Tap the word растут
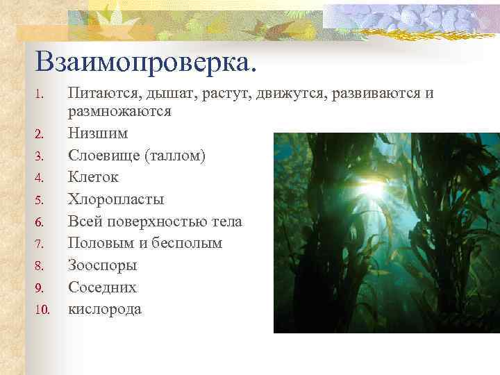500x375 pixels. click(x=224, y=93)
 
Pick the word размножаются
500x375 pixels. click(x=119, y=111)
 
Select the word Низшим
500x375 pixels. click(x=98, y=133)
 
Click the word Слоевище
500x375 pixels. click(x=103, y=156)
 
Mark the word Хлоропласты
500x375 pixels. click(x=116, y=199)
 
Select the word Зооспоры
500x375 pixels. click(x=103, y=265)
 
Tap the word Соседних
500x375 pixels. click(x=102, y=287)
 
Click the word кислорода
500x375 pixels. click(x=105, y=309)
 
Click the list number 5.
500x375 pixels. click(x=40, y=200)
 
